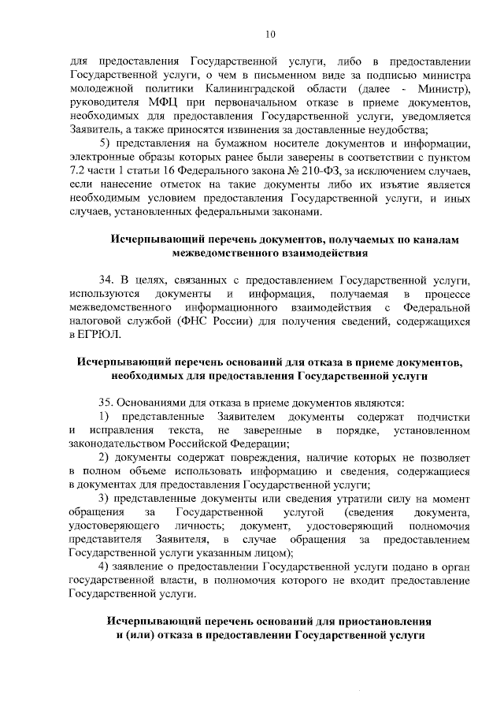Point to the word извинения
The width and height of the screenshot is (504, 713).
click(253, 130)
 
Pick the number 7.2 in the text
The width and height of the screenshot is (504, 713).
click(79, 170)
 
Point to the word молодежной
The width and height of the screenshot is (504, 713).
click(104, 90)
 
